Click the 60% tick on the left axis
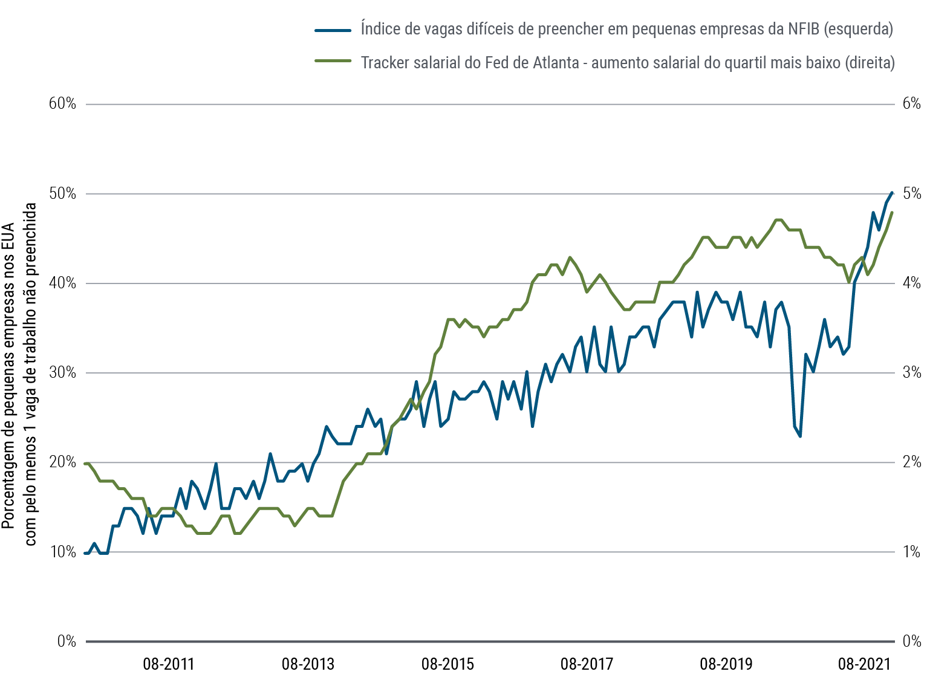pos(62,103)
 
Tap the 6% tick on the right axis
pos(911,103)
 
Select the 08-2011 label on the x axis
pos(169,664)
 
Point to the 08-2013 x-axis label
pos(308,664)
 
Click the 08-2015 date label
pos(447,664)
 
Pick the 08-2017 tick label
pos(587,664)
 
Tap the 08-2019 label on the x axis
pos(726,664)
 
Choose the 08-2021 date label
pos(864,664)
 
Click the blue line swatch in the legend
pos(333,30)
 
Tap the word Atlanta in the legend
pos(555,62)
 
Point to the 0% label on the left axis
pos(67,641)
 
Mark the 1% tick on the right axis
pos(911,552)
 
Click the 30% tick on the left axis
pos(62,372)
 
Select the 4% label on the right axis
pos(911,283)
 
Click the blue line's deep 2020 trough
pos(800,436)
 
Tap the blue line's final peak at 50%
pos(892,193)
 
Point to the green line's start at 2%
pos(86,463)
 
